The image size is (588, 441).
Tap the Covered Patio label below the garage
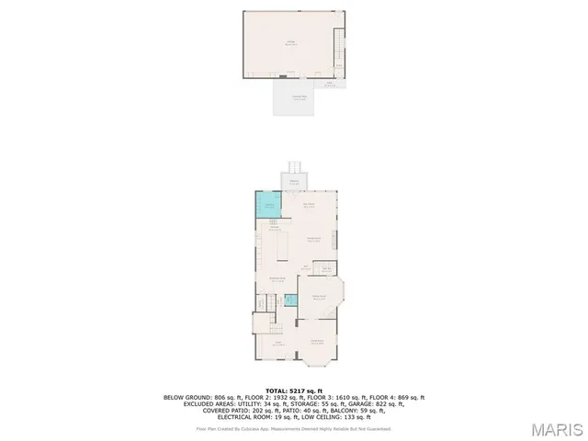[300, 98]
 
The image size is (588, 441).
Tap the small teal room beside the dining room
[290, 299]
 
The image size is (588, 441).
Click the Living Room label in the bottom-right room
[318, 343]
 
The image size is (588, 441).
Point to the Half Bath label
[326, 268]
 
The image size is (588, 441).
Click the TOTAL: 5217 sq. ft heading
[294, 390]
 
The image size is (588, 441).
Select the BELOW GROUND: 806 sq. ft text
[198, 397]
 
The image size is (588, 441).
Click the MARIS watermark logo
[557, 428]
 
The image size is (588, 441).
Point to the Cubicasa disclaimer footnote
[294, 428]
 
